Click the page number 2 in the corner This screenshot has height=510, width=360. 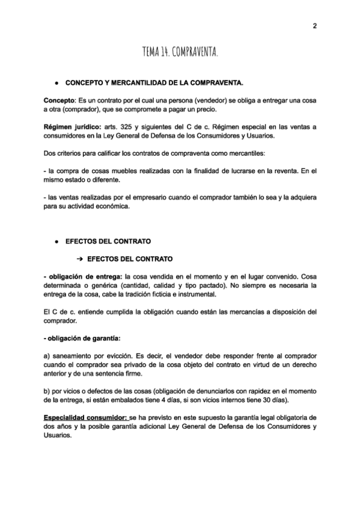point(314,25)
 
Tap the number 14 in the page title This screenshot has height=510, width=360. point(164,54)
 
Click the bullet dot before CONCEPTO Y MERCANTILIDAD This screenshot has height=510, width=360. point(55,81)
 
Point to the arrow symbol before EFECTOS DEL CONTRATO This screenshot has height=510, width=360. point(79,259)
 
